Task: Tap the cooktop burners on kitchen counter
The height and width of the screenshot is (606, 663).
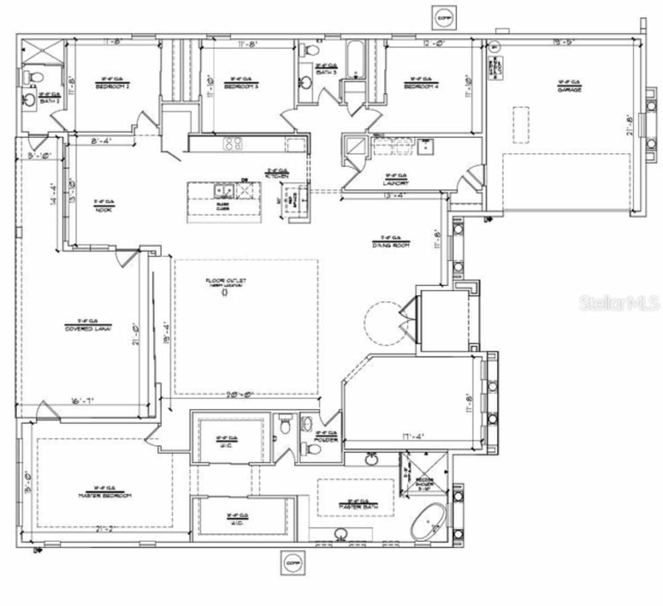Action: click(x=233, y=143)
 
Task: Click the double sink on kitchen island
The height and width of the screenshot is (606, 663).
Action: click(x=224, y=191)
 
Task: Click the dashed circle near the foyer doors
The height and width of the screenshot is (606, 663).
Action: click(x=385, y=324)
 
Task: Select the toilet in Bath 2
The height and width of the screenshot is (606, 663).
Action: click(x=33, y=76)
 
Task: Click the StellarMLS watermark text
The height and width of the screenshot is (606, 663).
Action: click(x=619, y=303)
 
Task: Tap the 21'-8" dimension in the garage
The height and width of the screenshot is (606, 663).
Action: click(x=630, y=125)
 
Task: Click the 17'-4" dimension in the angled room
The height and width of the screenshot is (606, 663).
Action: click(x=413, y=436)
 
